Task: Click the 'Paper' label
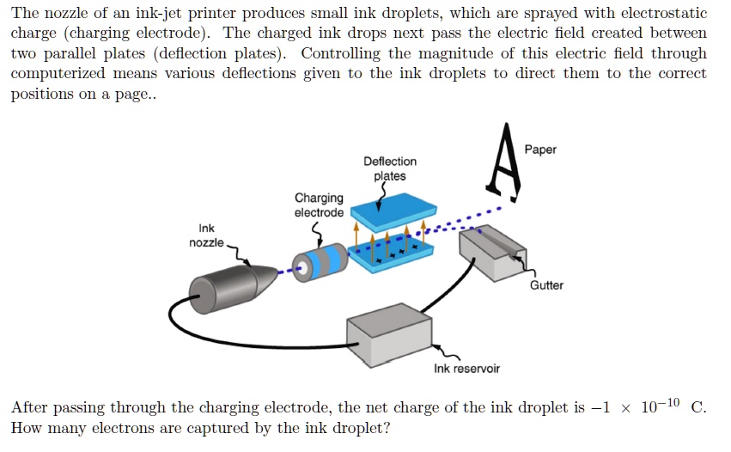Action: tap(540, 150)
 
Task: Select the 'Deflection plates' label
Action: tap(389, 168)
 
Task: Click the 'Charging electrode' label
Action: tap(319, 205)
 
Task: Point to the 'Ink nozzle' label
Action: tap(206, 235)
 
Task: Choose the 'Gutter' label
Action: tap(546, 285)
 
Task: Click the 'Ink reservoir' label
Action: tap(466, 369)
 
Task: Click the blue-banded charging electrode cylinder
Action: tap(320, 261)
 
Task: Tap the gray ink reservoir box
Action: tap(388, 334)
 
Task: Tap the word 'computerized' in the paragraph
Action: tap(59, 73)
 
